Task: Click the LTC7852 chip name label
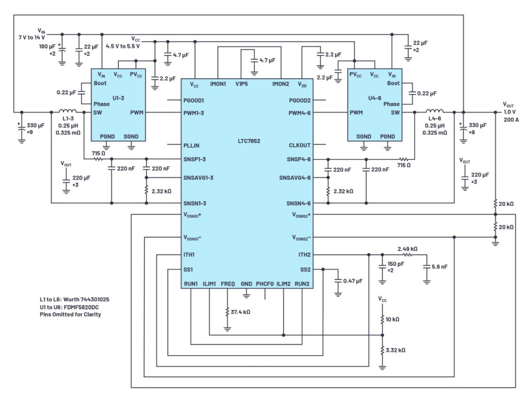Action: (249, 141)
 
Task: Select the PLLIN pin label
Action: (191, 146)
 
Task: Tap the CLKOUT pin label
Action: (300, 145)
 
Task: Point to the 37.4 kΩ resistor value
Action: (240, 312)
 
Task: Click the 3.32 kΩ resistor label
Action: (395, 350)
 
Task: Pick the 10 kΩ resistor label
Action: (393, 319)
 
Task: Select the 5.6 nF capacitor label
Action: (440, 266)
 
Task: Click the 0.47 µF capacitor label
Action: (353, 281)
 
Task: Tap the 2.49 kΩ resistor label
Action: (407, 249)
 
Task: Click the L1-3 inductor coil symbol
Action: (68, 111)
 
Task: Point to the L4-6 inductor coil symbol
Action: (434, 112)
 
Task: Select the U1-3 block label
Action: (118, 98)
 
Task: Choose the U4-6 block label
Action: (375, 98)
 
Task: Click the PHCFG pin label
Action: (265, 284)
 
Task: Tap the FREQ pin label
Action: (228, 284)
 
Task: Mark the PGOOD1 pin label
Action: (194, 101)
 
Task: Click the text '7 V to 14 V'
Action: (32, 37)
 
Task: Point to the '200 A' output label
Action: (511, 120)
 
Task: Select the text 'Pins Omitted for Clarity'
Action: (70, 314)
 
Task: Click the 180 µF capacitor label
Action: (47, 46)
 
